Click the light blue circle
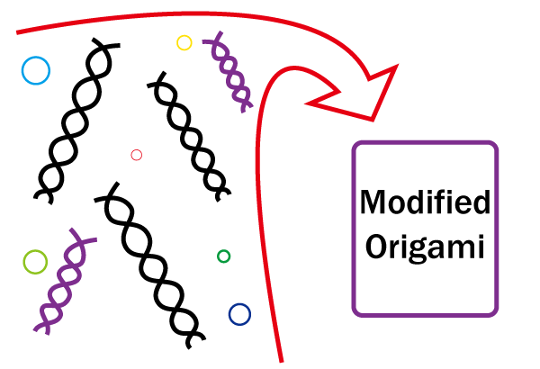coord(35,70)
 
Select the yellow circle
coord(184,42)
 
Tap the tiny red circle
coord(137,155)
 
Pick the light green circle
coord(35,262)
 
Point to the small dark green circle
coord(224,256)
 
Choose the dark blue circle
coord(239,314)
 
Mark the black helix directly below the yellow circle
coord(190,135)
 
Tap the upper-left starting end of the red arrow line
coord(19,33)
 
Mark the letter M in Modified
coord(373,203)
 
